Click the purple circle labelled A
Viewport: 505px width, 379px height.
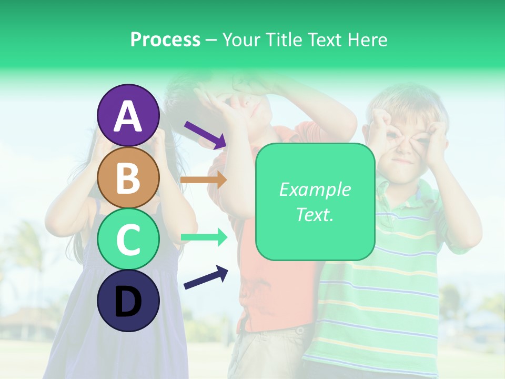point(128,115)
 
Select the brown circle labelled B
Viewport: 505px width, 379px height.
point(128,177)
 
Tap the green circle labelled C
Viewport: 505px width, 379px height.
point(128,239)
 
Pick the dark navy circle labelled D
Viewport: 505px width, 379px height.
point(128,301)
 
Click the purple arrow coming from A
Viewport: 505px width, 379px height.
point(205,134)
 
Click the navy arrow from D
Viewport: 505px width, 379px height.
point(206,277)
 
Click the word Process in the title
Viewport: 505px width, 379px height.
point(165,40)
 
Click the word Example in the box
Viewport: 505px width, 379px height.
point(315,189)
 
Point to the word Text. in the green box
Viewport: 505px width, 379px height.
point(315,214)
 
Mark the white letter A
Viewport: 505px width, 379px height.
point(128,116)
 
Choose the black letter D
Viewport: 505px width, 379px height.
point(128,302)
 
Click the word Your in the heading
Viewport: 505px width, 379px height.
point(240,40)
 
